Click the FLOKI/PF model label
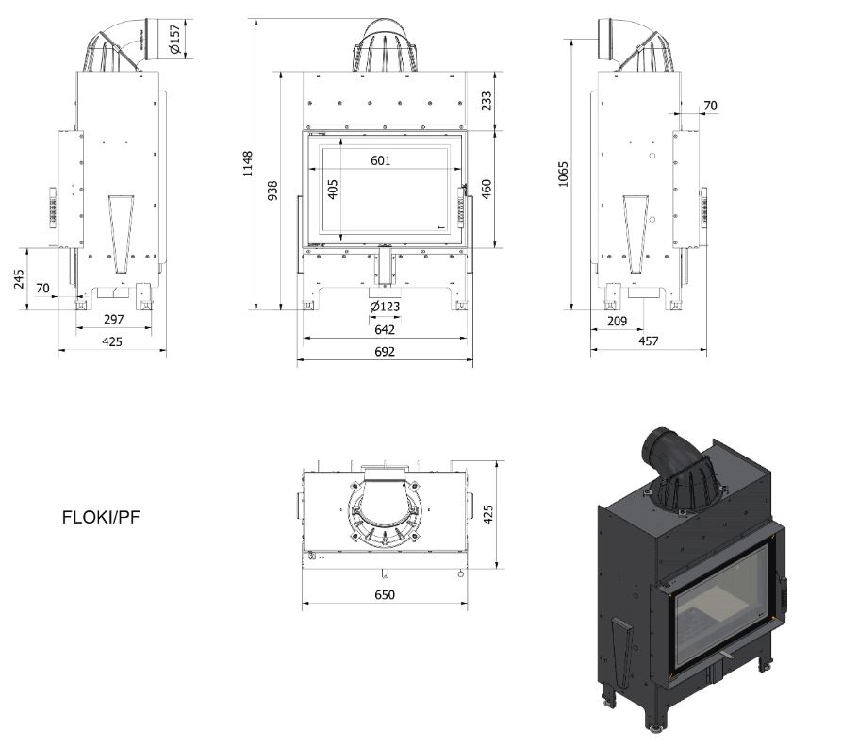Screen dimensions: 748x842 tap(101, 517)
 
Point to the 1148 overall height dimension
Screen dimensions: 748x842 tap(248, 164)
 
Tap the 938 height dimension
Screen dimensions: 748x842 tap(272, 191)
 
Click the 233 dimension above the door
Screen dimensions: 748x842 tap(487, 101)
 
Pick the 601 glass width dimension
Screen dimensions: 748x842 tap(381, 160)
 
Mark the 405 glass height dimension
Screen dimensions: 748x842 tap(333, 190)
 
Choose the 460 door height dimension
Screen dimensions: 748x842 tap(487, 188)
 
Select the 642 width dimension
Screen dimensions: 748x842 tap(384, 329)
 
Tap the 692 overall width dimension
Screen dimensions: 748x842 tap(384, 352)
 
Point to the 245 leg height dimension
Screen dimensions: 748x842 tap(19, 279)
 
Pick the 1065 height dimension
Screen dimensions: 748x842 tap(564, 174)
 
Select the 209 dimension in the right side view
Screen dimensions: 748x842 tap(617, 321)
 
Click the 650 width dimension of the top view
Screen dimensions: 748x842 tap(384, 594)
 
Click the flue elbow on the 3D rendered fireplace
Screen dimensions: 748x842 tap(674, 457)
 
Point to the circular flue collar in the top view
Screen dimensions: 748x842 tap(384, 514)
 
